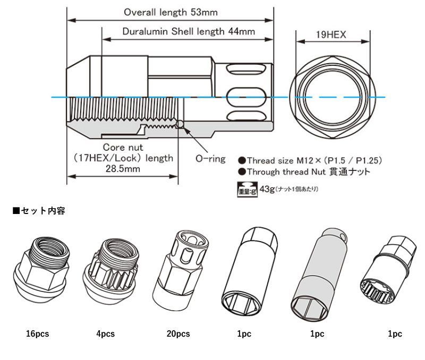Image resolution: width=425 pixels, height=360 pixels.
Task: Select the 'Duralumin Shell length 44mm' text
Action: coord(189,32)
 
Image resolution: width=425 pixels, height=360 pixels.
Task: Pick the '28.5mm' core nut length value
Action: coord(122,169)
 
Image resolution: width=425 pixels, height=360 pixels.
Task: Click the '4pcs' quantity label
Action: coord(106,334)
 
